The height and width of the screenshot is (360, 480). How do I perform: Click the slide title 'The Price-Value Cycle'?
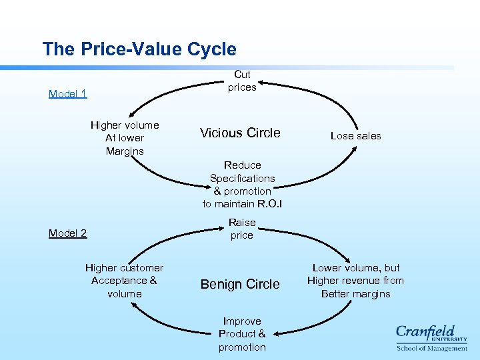pos(139,49)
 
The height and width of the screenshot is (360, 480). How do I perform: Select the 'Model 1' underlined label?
pos(68,93)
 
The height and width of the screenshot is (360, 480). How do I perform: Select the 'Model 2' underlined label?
pos(68,233)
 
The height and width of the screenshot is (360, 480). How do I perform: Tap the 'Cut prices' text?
pos(242,81)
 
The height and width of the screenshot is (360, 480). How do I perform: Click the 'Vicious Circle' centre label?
pos(240,133)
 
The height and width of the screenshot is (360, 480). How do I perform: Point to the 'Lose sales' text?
pos(356,136)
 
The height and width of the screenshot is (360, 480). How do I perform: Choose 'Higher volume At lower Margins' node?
pos(125,138)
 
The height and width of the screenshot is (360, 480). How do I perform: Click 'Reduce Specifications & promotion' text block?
pos(243,184)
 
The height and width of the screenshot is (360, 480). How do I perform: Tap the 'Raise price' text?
pos(242,229)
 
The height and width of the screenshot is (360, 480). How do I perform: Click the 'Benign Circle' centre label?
pos(240,284)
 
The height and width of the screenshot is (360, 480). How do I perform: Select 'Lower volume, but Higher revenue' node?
pos(355,281)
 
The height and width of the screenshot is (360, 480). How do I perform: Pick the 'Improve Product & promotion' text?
pos(242,334)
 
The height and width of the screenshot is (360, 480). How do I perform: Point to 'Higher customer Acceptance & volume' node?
pos(125,281)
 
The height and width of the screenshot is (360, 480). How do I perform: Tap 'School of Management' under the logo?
pos(432,348)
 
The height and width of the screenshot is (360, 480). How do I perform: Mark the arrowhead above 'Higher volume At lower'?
pos(131,114)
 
